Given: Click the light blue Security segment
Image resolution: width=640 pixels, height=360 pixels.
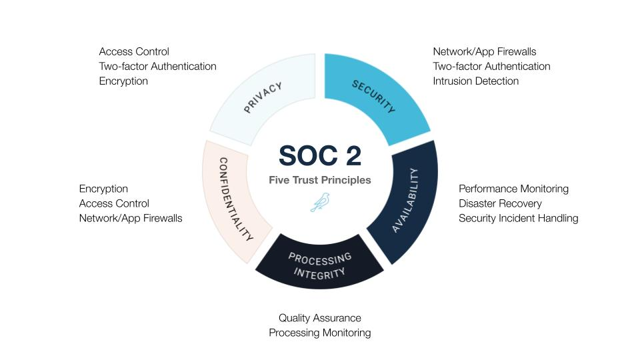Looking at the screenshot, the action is click(x=373, y=96).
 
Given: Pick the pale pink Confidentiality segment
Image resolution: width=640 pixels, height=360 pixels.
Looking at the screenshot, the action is click(x=232, y=200).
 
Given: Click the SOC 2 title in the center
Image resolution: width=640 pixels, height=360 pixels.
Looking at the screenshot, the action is click(x=320, y=155).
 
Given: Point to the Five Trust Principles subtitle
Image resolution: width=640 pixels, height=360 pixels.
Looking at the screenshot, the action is click(x=320, y=180).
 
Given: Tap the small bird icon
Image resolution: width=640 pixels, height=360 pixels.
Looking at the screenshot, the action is click(x=320, y=203).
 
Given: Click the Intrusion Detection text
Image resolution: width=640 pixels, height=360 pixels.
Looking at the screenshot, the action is click(x=475, y=81).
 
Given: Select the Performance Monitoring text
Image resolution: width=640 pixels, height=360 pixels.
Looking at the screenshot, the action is click(x=513, y=189).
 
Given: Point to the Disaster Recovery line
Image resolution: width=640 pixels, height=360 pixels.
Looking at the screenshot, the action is click(x=500, y=203).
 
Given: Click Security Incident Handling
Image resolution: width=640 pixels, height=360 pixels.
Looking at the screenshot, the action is click(x=519, y=218).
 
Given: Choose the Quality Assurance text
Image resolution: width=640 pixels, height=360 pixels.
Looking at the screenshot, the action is click(x=320, y=318).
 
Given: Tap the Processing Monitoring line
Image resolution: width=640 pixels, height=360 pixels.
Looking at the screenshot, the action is click(x=320, y=333).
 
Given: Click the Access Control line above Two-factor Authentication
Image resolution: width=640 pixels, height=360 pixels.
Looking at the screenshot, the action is click(x=134, y=51).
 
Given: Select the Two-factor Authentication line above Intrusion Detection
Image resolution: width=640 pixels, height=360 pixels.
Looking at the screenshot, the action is click(x=491, y=66).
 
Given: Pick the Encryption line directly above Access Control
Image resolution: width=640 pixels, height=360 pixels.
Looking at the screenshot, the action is click(x=103, y=189).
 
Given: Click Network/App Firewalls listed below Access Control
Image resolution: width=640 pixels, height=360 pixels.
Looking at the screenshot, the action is click(x=131, y=218).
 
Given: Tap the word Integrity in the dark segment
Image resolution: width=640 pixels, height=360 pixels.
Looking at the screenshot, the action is click(x=319, y=273).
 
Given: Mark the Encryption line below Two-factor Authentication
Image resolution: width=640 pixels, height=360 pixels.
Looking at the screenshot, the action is click(x=123, y=81).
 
